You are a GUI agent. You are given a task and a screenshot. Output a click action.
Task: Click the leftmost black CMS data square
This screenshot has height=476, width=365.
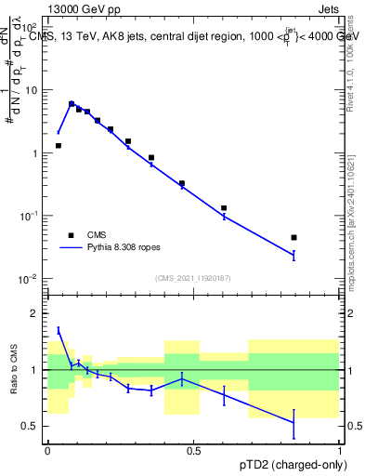[59, 146]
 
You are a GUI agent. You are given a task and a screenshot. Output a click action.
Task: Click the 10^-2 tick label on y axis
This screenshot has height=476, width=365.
[29, 279]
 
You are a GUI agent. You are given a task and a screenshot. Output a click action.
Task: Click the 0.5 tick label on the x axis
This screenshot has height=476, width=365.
[193, 450]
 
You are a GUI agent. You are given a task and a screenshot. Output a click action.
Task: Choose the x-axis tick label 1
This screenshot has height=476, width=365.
[339, 450]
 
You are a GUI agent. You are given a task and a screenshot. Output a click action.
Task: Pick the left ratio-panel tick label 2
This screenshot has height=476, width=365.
[36, 313]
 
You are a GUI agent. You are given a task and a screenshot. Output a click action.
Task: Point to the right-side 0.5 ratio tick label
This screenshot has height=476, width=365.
[351, 426]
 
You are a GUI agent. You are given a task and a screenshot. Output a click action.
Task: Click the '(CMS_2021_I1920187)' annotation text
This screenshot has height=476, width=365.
[193, 278]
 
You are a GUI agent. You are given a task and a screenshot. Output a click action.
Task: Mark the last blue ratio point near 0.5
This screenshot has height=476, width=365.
[293, 423]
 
